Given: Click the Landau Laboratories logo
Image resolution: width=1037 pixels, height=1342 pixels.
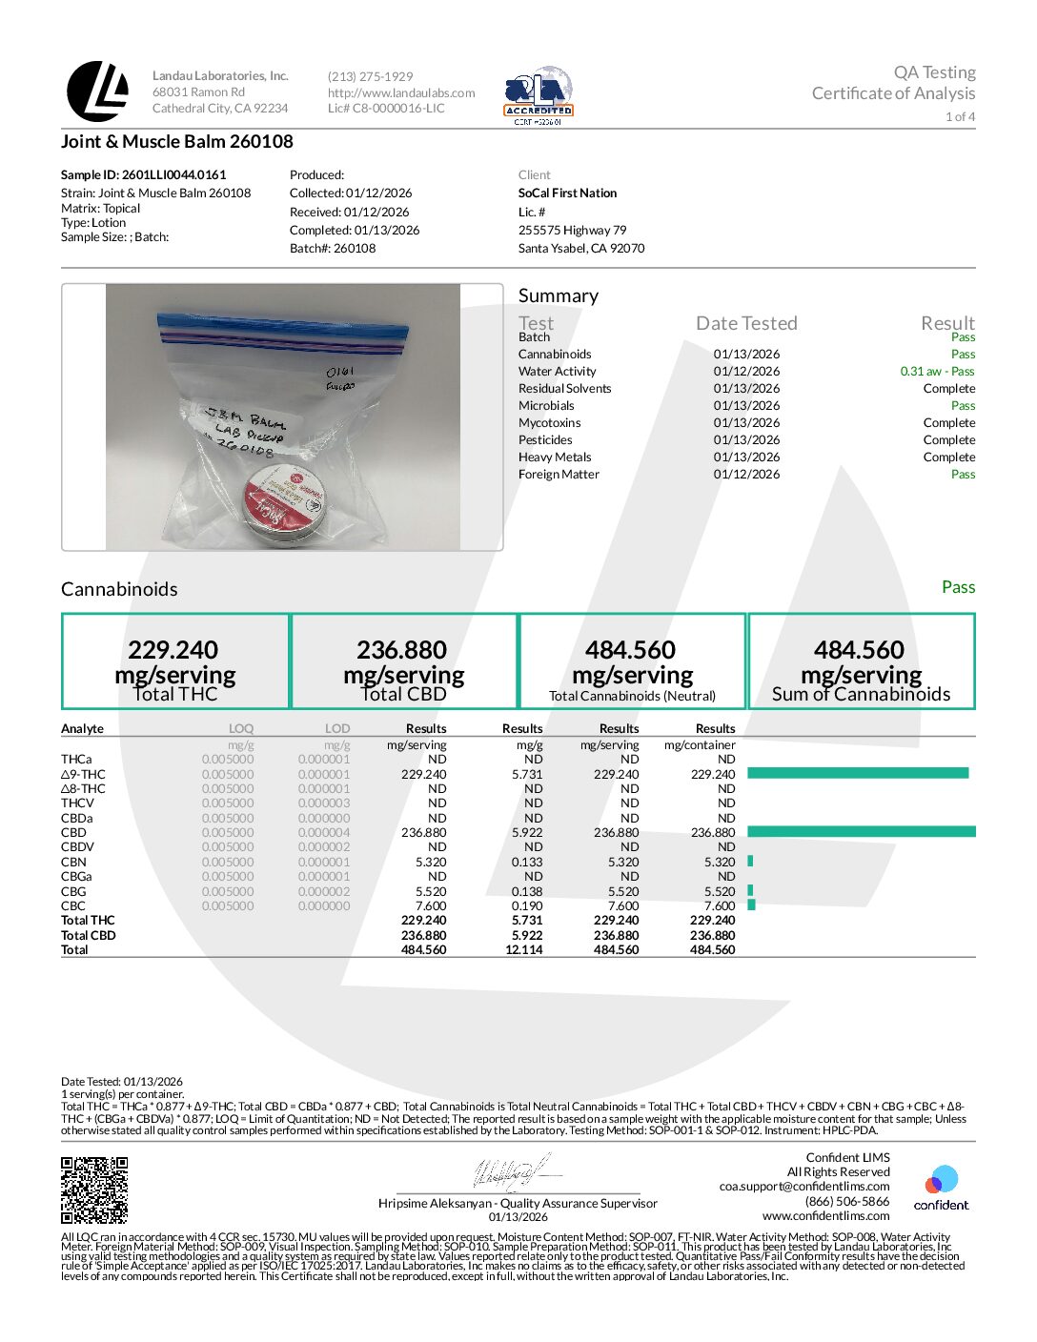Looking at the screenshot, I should click(97, 91).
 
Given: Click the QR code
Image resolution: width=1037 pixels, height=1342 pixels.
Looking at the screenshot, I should click(94, 1189).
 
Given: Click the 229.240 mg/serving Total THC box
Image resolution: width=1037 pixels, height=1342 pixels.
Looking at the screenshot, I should click(175, 661).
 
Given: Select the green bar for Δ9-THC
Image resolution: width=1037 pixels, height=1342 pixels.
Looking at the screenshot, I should click(858, 774).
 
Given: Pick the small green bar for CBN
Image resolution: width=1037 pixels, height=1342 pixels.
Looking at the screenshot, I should click(751, 862).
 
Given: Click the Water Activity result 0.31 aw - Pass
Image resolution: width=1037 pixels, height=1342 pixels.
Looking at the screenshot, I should click(937, 372).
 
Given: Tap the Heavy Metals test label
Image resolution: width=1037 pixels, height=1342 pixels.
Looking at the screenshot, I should click(555, 457).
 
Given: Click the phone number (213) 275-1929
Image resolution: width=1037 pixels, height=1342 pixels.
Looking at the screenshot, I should click(371, 76).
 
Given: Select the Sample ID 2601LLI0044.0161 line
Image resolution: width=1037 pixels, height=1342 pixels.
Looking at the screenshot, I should click(144, 175).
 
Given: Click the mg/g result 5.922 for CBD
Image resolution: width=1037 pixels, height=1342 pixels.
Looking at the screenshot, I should click(527, 833).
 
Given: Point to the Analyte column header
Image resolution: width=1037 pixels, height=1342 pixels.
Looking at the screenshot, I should click(83, 729).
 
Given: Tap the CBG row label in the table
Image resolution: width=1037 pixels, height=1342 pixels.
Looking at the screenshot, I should click(73, 892).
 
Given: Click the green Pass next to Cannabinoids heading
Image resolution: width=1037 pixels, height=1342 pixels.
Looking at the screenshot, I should click(958, 587).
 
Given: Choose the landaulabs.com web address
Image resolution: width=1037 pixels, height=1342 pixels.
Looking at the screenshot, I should click(401, 92).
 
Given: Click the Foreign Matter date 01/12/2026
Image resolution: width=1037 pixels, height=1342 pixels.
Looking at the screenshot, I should click(746, 475).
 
